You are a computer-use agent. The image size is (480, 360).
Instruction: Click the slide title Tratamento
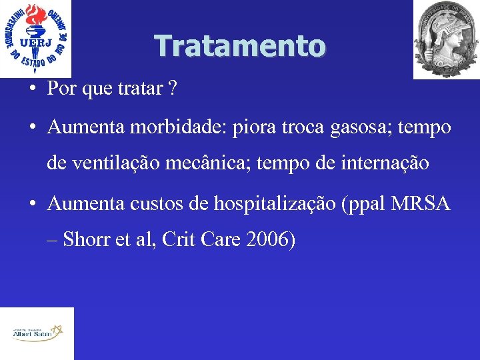(x=240, y=46)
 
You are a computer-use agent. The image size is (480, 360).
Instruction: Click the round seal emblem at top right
(x=446, y=39)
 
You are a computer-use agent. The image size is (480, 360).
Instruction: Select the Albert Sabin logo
(x=37, y=333)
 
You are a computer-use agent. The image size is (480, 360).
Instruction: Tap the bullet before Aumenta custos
(x=32, y=203)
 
